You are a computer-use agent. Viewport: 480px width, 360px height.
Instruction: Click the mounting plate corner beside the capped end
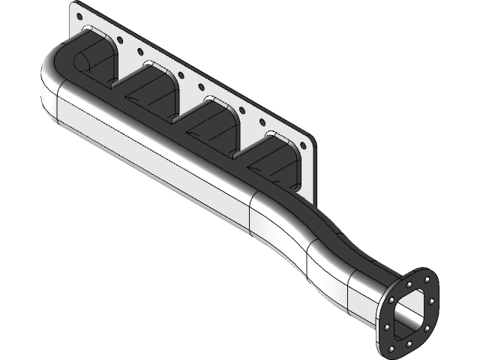(x=75, y=7)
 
